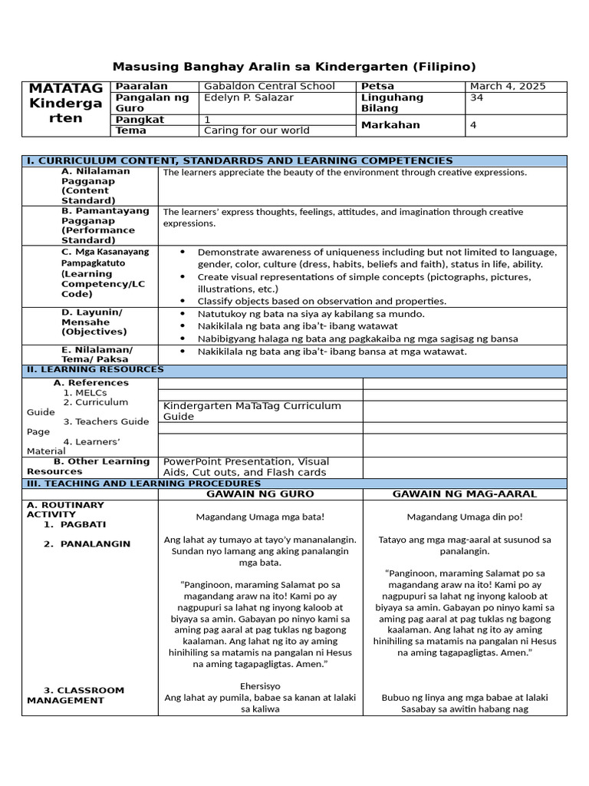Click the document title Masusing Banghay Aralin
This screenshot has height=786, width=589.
coord(294,67)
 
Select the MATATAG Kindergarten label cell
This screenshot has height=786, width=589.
coord(65,103)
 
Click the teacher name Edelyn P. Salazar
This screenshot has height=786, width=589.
coord(248,97)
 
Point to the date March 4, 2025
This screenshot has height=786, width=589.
coord(508,86)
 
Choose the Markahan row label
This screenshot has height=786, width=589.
coord(390,125)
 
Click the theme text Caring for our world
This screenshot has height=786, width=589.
coord(257,130)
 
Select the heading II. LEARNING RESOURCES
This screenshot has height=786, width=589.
coord(95,369)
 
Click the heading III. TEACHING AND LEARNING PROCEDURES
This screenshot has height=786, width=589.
coord(143,484)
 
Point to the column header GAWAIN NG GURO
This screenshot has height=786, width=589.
coord(260,494)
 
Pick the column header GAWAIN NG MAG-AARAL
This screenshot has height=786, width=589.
coord(464,494)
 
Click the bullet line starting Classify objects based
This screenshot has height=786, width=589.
coord(321,301)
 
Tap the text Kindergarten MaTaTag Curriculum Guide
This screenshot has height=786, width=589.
coord(252,411)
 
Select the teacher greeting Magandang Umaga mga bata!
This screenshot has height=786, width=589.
coord(260,517)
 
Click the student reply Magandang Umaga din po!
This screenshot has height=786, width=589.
coord(464,517)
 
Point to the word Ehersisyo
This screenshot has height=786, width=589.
coord(260,685)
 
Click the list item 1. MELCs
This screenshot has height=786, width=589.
coord(85,393)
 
